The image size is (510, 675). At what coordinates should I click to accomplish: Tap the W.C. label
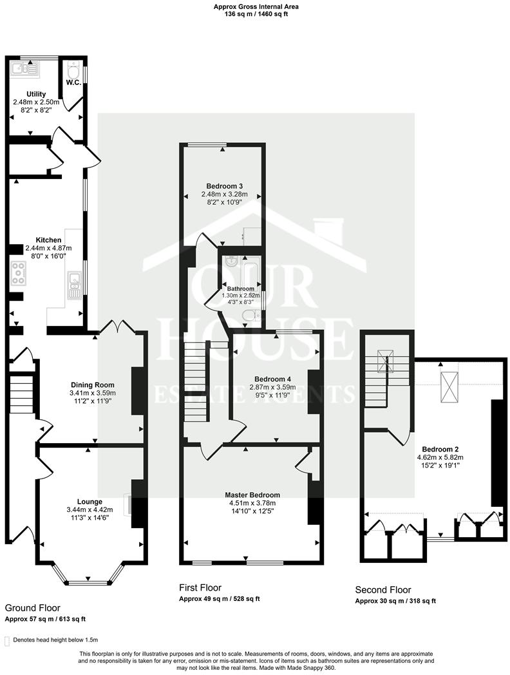71,82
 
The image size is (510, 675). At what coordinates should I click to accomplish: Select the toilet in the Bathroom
250,315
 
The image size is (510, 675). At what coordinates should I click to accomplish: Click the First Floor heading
200,587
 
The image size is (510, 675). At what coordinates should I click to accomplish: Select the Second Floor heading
383,589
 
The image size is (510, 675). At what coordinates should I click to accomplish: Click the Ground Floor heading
32,607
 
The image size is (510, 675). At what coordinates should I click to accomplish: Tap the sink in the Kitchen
74,284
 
